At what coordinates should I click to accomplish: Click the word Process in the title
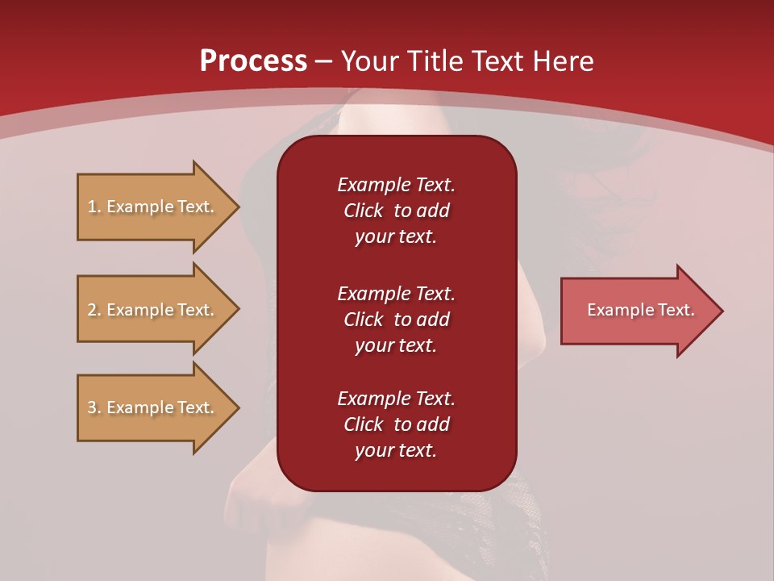point(253,61)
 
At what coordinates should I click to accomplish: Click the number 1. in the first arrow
point(94,207)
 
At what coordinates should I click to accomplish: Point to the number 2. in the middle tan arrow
point(94,310)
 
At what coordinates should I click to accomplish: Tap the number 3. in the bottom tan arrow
point(94,408)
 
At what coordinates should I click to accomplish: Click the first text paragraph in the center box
point(396,211)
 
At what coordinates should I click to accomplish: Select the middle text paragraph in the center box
point(396,319)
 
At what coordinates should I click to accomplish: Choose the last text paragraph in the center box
point(396,424)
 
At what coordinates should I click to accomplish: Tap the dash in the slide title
point(323,61)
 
